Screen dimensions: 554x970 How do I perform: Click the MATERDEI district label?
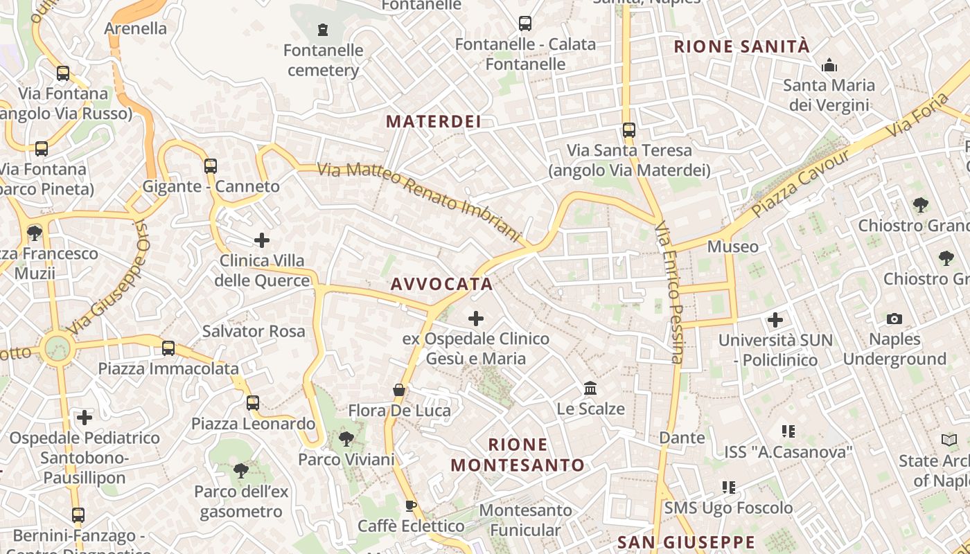click(433, 122)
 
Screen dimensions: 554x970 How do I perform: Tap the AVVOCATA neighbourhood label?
click(441, 284)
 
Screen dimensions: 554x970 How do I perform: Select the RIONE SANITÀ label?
click(741, 46)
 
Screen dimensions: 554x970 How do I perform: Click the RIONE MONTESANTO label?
click(518, 454)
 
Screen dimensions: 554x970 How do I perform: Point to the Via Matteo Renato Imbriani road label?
click(418, 202)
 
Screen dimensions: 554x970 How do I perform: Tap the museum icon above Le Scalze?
click(590, 388)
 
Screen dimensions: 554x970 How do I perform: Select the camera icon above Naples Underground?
click(894, 319)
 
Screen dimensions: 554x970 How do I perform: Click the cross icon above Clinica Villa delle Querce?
click(262, 240)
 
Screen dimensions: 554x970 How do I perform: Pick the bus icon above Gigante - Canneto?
click(211, 166)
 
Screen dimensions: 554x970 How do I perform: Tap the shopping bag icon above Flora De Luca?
click(399, 390)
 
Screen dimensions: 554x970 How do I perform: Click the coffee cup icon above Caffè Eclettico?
click(411, 506)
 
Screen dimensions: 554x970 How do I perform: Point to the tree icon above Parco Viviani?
click(346, 438)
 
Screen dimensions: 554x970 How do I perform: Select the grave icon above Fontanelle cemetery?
click(322, 30)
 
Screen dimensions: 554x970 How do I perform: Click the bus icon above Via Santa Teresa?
click(629, 129)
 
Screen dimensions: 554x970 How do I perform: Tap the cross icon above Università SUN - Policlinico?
click(775, 320)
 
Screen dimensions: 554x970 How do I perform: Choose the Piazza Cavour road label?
click(800, 183)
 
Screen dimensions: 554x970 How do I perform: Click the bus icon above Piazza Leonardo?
click(253, 402)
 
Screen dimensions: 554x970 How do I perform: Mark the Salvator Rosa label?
click(254, 331)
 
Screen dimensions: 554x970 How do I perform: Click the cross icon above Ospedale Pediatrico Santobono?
click(85, 417)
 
